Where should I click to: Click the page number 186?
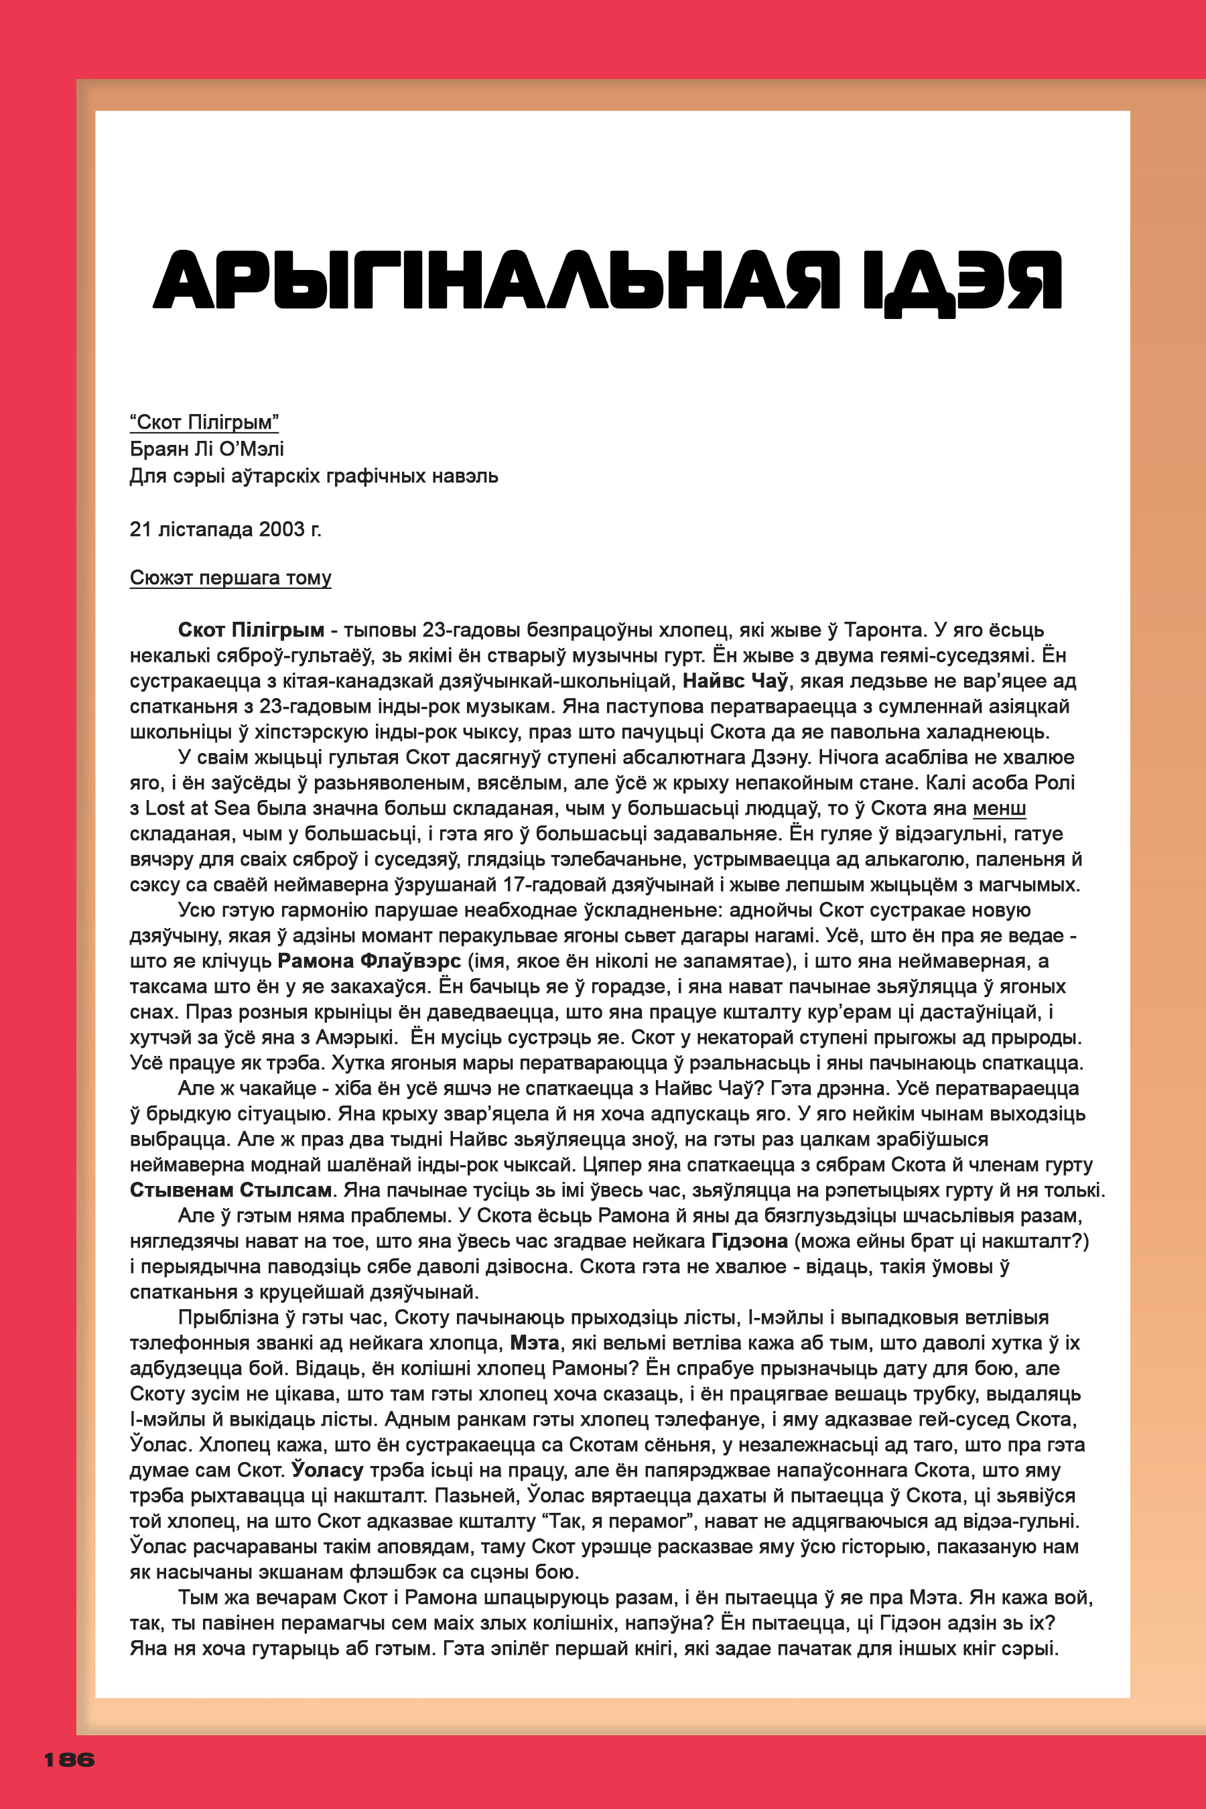pyautogui.click(x=69, y=1759)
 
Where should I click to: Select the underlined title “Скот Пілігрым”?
pyautogui.click(x=204, y=422)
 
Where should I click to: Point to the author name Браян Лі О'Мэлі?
pyautogui.click(x=207, y=448)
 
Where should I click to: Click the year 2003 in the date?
pyautogui.click(x=281, y=529)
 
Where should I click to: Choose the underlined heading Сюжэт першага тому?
pyautogui.click(x=230, y=578)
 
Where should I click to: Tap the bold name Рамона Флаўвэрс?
pyautogui.click(x=369, y=961)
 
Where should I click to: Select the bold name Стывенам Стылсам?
pyautogui.click(x=230, y=1190)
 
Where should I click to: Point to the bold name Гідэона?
pyautogui.click(x=749, y=1241)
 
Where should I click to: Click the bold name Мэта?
pyautogui.click(x=535, y=1343)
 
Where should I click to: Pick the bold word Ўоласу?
pyautogui.click(x=327, y=1470)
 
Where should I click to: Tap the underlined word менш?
pyautogui.click(x=998, y=809)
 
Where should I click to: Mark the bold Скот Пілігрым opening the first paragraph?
pyautogui.click(x=251, y=630)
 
